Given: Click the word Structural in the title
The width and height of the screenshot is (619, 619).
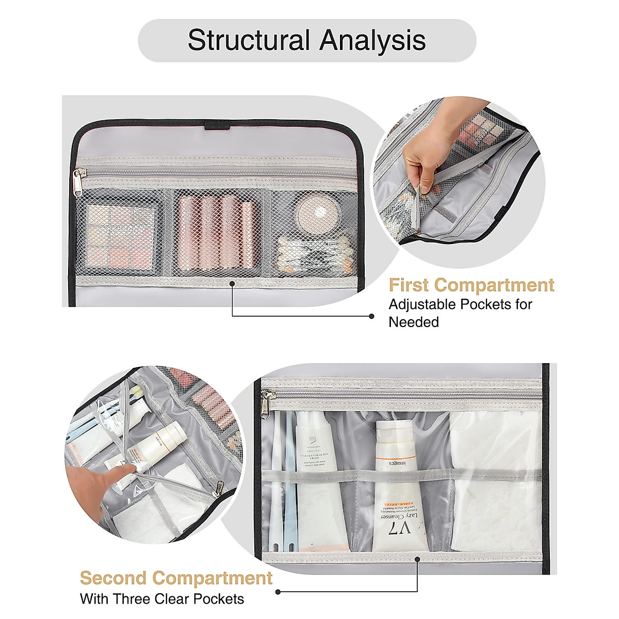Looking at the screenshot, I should coord(249,40).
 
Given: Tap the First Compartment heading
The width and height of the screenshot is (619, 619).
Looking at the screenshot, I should coord(471,285).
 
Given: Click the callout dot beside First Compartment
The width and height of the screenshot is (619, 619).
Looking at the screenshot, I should coord(372,316).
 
